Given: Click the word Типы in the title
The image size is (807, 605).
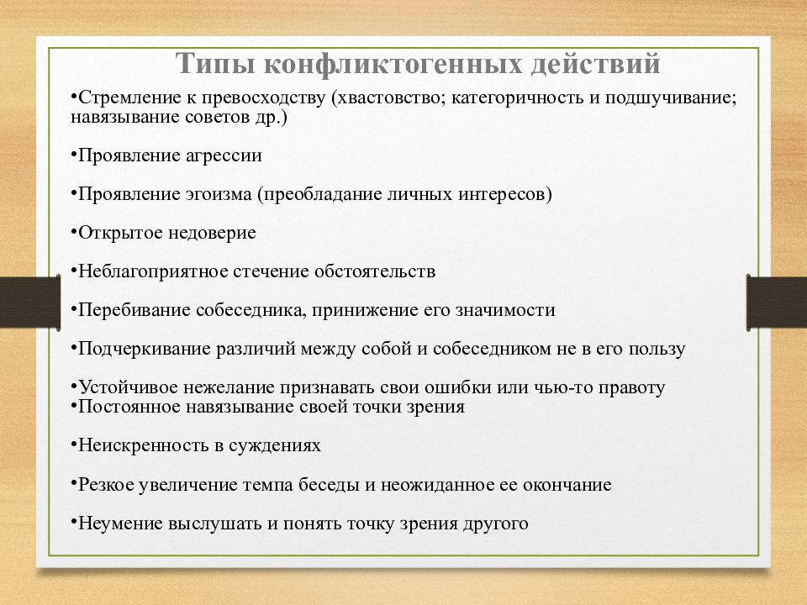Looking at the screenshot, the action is (x=215, y=64).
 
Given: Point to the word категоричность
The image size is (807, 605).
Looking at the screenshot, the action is (x=518, y=98).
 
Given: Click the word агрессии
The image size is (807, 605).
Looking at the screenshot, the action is (x=224, y=156).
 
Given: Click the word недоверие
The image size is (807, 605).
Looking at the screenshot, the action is (x=212, y=233).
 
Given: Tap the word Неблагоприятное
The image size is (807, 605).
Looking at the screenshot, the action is (x=153, y=271).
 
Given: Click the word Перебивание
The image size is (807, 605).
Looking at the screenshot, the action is (x=134, y=310).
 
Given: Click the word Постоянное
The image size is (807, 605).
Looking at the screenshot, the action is (x=129, y=407).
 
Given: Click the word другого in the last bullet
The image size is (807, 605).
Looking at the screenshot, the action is (x=496, y=523).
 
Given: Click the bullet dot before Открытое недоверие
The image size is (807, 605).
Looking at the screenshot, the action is (x=74, y=232).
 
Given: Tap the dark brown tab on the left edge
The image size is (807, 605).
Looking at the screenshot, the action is (x=30, y=302).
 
